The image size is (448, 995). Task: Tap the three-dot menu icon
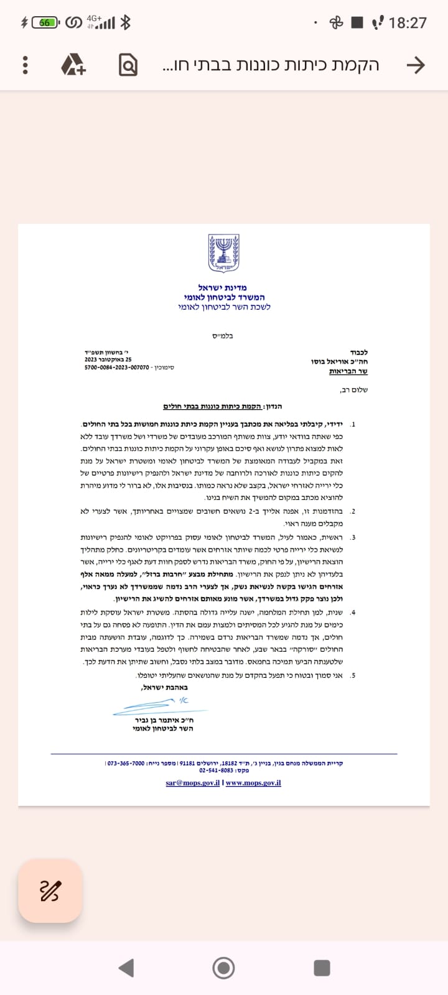tap(25, 65)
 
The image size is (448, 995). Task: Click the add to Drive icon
tap(73, 65)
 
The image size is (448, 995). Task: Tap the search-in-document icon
tap(128, 65)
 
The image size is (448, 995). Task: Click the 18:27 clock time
tap(408, 23)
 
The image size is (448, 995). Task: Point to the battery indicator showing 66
tap(45, 23)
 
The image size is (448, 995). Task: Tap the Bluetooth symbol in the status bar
tap(126, 23)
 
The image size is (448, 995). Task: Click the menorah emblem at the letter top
tap(223, 253)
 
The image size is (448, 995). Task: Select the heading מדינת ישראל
tap(223, 287)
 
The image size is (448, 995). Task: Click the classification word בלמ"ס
tap(223, 336)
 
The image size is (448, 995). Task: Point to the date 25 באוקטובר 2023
tap(108, 359)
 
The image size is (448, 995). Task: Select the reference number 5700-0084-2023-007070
tap(117, 368)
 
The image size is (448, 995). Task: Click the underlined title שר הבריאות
tap(348, 371)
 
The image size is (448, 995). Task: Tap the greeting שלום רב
tap(354, 390)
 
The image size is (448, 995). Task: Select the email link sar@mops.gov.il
tap(192, 783)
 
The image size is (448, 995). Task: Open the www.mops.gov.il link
tap(253, 783)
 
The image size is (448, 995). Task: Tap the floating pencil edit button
tap(50, 891)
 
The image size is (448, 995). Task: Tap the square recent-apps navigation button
tap(322, 968)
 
